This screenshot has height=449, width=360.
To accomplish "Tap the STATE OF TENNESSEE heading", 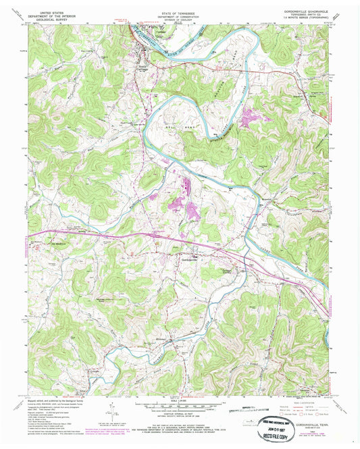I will pos(180,12).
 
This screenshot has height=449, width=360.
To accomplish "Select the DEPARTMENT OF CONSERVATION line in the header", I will pos(180,16).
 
